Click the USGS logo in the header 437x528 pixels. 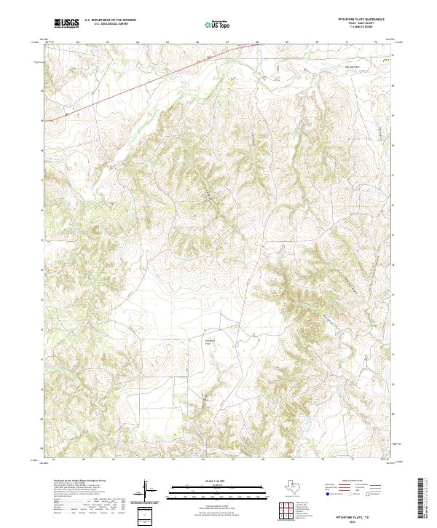66,23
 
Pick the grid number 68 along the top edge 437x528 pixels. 257,42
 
